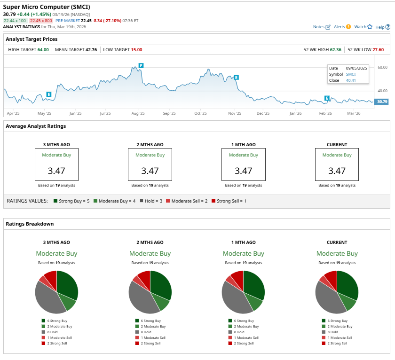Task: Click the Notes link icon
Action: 328,27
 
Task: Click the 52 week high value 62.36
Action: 334,49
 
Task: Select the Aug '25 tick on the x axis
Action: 138,113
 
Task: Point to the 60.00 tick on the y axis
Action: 382,67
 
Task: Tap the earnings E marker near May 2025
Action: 48,94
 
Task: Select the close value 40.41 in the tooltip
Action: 351,80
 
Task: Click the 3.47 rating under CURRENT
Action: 337,170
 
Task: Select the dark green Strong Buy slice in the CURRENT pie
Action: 348,284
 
